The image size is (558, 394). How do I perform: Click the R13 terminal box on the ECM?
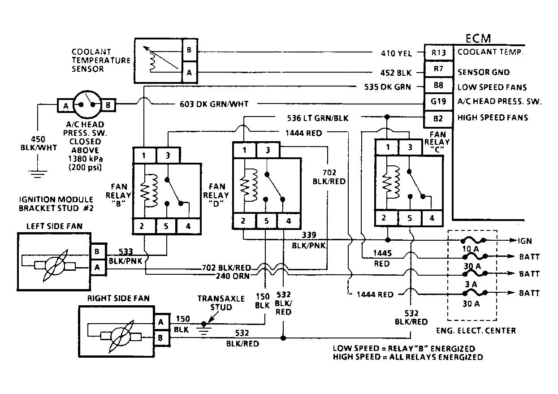439,52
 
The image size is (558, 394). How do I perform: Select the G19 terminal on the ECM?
439,101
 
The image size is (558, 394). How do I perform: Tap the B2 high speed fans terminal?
438,118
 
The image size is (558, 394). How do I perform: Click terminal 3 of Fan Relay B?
168,156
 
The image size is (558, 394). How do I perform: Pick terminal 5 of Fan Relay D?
266,221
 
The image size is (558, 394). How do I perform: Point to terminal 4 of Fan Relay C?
432,218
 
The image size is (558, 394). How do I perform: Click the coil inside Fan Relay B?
149,191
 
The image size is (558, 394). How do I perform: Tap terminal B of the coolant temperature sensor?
189,50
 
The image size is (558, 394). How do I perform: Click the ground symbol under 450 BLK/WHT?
37,174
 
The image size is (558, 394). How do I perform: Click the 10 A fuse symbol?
472,240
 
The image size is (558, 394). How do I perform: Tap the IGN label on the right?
525,241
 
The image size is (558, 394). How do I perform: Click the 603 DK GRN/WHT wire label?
214,104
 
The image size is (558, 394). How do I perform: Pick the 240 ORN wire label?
233,276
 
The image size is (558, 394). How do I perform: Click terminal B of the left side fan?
97,251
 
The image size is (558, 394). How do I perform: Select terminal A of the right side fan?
160,322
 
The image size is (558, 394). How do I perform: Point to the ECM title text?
478,39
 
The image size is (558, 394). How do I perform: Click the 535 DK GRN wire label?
387,87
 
